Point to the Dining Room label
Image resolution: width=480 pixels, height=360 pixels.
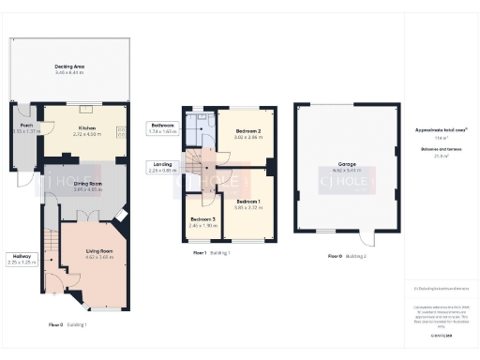tap(87, 184)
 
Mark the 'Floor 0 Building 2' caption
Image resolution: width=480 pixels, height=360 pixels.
tap(347, 256)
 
